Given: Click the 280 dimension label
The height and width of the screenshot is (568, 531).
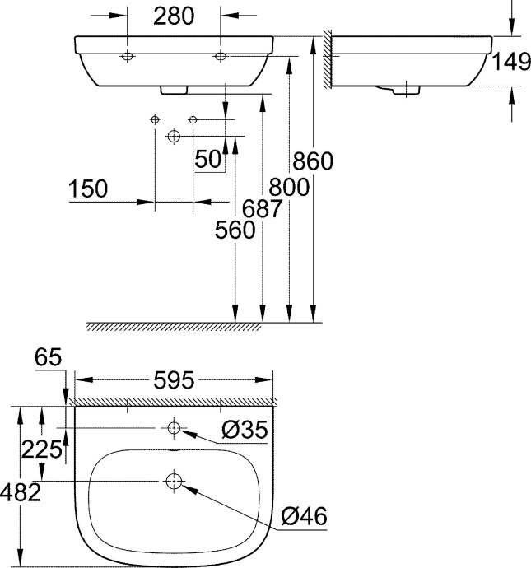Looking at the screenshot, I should pyautogui.click(x=174, y=16).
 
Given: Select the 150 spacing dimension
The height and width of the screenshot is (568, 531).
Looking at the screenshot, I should pyautogui.click(x=89, y=189).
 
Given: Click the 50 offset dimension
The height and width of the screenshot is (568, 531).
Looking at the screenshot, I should pyautogui.click(x=208, y=159).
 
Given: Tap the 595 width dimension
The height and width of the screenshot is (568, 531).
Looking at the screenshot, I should pyautogui.click(x=174, y=380).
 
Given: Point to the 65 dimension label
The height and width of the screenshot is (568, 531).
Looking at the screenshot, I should pyautogui.click(x=50, y=357).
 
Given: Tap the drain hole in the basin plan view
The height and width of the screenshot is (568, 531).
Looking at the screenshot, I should pyautogui.click(x=174, y=481).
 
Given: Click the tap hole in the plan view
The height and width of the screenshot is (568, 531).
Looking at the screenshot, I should pyautogui.click(x=174, y=428).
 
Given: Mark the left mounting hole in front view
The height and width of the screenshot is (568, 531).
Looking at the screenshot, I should pyautogui.click(x=128, y=56).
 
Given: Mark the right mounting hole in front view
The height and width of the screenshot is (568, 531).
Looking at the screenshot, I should pyautogui.click(x=220, y=56).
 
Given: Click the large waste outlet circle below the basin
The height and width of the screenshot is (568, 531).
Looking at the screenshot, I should pyautogui.click(x=174, y=135).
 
